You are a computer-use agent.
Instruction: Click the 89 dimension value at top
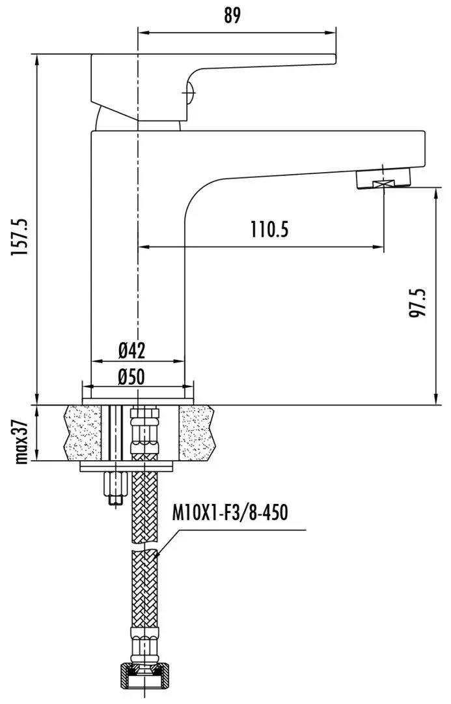[x=231, y=15]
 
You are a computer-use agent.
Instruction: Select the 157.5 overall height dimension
[x=20, y=237]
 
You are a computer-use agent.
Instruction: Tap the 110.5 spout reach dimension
[x=269, y=230]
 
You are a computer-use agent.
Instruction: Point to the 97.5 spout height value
[x=418, y=303]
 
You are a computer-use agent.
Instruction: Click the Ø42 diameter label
[x=132, y=350]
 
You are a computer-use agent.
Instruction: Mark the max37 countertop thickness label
[x=21, y=442]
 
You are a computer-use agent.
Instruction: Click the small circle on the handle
[x=189, y=93]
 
